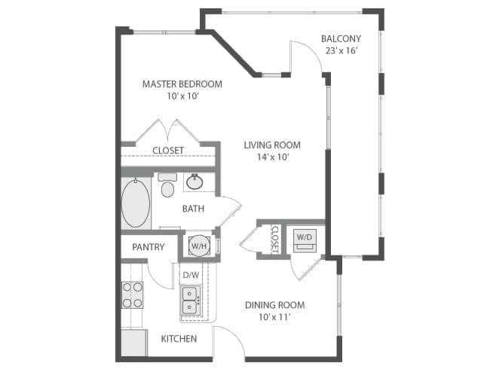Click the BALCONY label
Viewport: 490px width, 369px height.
click(341, 38)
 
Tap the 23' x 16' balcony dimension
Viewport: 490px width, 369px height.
click(341, 50)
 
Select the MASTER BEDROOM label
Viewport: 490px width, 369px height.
click(182, 84)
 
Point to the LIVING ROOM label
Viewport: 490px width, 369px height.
click(272, 145)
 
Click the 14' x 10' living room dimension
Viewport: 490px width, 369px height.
click(272, 157)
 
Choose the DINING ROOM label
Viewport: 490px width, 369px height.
click(274, 305)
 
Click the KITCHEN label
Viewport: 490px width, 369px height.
click(179, 339)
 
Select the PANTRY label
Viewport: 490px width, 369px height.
click(148, 247)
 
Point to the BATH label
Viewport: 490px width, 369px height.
click(193, 209)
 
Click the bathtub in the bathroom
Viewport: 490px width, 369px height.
click(136, 203)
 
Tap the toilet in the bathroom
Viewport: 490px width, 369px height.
click(167, 185)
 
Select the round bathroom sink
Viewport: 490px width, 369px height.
click(194, 182)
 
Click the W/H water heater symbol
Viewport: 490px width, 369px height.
click(199, 246)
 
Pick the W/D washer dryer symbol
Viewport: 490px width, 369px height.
click(305, 240)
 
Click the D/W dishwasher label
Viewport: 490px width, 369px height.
click(191, 275)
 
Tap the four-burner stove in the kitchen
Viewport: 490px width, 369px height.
click(132, 295)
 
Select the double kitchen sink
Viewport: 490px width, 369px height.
click(190, 300)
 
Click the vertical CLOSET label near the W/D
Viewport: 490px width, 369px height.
click(275, 239)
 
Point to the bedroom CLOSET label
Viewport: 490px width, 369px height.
click(168, 151)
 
